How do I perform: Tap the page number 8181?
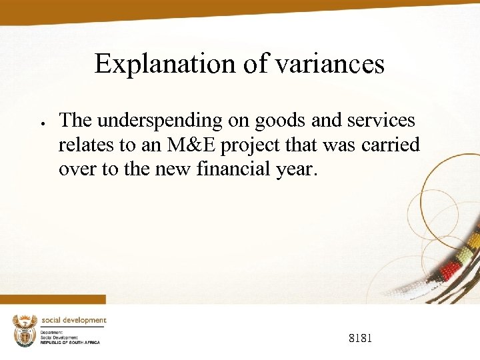tap(361, 339)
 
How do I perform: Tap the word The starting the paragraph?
tap(75, 121)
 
